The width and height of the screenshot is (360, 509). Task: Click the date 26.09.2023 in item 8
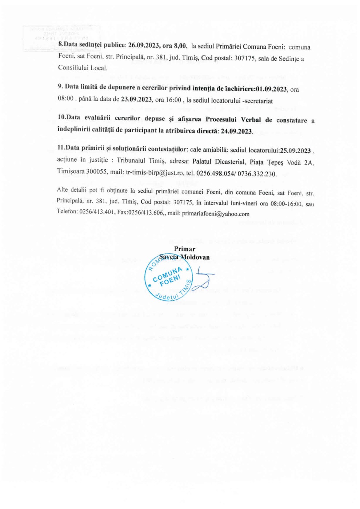[x=143, y=46]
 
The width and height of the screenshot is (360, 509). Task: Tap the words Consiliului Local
[x=83, y=68]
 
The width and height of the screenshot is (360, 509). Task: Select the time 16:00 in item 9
[x=173, y=100]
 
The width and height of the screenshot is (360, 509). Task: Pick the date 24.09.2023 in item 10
[x=237, y=131]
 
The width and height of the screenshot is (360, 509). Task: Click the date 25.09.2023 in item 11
[x=295, y=151]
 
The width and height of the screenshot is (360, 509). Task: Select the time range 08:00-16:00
[x=286, y=204]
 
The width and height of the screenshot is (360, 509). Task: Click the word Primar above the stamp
[x=185, y=249]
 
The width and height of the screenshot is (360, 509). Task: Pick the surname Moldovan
[x=195, y=257]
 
